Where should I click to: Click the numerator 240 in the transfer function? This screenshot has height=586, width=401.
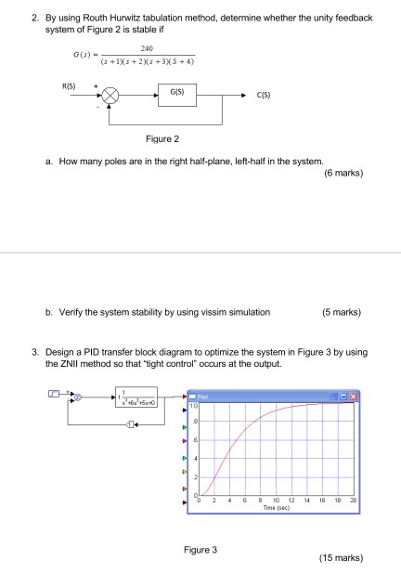click(x=144, y=51)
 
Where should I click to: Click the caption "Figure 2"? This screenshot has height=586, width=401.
click(x=162, y=139)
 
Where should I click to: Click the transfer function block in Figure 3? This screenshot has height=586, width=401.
click(x=139, y=400)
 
